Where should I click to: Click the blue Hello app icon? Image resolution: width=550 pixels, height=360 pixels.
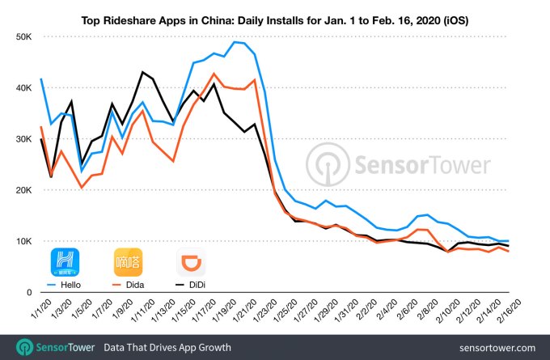pos(66,261)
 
